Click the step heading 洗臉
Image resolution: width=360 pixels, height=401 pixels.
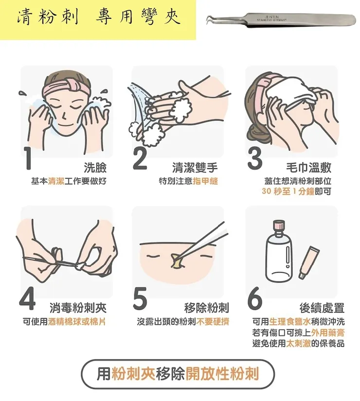tap(95, 168)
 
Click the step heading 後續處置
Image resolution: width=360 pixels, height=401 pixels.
tap(322, 308)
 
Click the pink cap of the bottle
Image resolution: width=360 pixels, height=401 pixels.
tap(279, 226)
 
